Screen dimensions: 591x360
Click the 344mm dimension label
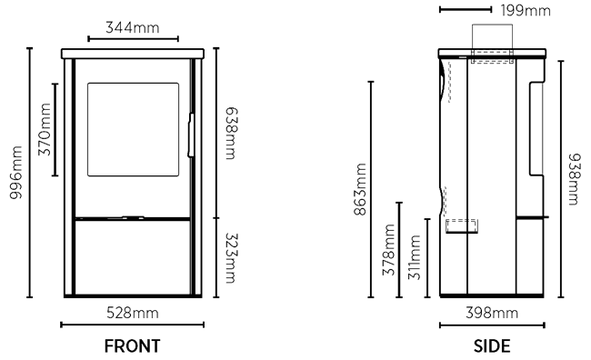(133, 27)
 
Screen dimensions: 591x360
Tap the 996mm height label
(15, 173)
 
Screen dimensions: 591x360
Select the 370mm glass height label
(45, 129)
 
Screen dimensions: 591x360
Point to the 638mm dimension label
(231, 134)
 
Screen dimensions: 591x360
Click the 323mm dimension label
(231, 258)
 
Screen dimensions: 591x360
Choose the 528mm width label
(133, 313)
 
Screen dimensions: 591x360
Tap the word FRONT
(133, 346)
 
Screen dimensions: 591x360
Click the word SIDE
(492, 346)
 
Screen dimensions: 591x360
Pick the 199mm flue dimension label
(526, 10)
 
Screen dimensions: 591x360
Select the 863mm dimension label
(360, 189)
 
